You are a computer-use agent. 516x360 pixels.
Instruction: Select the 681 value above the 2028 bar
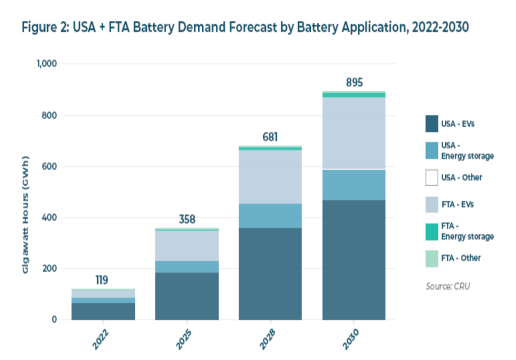tap(270, 137)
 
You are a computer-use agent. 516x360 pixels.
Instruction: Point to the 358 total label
tap(186, 220)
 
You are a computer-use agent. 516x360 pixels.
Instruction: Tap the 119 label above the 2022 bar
tap(103, 280)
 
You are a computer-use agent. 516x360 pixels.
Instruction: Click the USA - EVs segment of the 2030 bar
tap(354, 260)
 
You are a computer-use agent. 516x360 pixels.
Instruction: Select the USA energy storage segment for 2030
tap(354, 184)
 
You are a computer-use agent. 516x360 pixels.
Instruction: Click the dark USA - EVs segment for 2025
tap(186, 296)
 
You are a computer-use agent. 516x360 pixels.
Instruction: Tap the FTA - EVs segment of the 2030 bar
tap(354, 133)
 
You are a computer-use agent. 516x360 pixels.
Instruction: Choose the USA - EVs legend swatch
tap(431, 123)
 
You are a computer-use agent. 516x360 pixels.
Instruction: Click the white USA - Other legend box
tap(431, 178)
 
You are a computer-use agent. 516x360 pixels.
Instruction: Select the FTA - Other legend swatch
tap(431, 258)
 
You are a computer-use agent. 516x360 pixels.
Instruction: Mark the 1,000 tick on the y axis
tap(46, 64)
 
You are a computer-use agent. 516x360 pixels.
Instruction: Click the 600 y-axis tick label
tap(50, 167)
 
